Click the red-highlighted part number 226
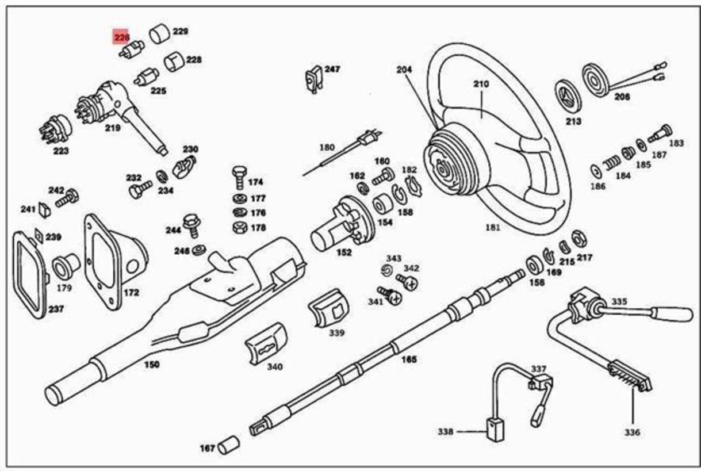pyautogui.click(x=121, y=37)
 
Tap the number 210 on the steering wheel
pyautogui.click(x=481, y=84)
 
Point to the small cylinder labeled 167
pyautogui.click(x=228, y=445)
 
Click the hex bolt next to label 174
pyautogui.click(x=239, y=177)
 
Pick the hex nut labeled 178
pyautogui.click(x=239, y=227)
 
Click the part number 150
pyautogui.click(x=151, y=364)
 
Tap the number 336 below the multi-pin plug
pyautogui.click(x=632, y=432)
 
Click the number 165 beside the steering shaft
pyautogui.click(x=408, y=359)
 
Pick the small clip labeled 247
pyautogui.click(x=313, y=79)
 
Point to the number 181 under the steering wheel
pyautogui.click(x=492, y=227)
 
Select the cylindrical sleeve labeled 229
pyautogui.click(x=159, y=34)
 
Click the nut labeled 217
pyautogui.click(x=579, y=238)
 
